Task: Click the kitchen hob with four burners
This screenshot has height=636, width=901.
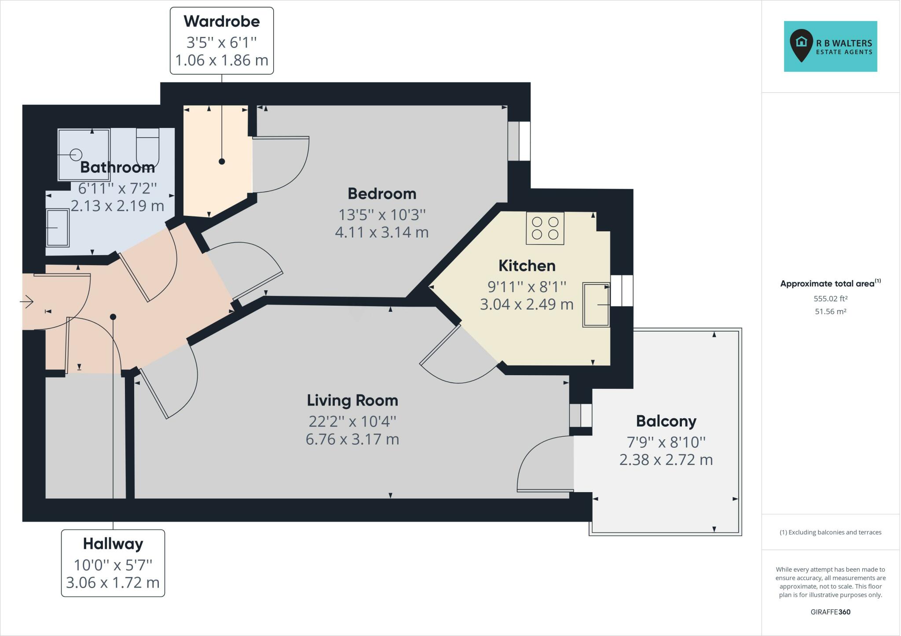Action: pyautogui.click(x=545, y=228)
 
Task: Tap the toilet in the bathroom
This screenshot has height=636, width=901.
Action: pyautogui.click(x=147, y=148)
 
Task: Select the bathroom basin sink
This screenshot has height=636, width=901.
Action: pyautogui.click(x=58, y=228)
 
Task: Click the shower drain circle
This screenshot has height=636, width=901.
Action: pyautogui.click(x=76, y=154)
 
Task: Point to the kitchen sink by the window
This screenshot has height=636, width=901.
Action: pyautogui.click(x=596, y=304)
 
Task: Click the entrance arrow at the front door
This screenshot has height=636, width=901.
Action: pyautogui.click(x=27, y=302)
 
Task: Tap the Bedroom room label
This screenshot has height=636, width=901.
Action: pyautogui.click(x=382, y=194)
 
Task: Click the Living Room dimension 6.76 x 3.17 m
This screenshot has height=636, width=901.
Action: pyautogui.click(x=352, y=439)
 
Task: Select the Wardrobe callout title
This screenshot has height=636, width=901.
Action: pyautogui.click(x=222, y=21)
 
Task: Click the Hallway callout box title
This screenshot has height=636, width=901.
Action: pyautogui.click(x=113, y=544)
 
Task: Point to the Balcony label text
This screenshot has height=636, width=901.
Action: pyautogui.click(x=666, y=421)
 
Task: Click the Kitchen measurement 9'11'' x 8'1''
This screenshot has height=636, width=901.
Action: pyautogui.click(x=527, y=287)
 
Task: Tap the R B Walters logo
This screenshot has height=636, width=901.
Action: pyautogui.click(x=830, y=46)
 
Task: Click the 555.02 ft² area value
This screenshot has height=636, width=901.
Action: pyautogui.click(x=830, y=299)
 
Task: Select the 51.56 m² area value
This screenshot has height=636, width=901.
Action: pyautogui.click(x=830, y=311)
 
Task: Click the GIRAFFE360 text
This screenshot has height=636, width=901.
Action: pyautogui.click(x=830, y=612)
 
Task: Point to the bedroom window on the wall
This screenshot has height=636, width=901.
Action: pyautogui.click(x=519, y=141)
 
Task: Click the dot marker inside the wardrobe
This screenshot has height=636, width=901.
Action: pyautogui.click(x=222, y=161)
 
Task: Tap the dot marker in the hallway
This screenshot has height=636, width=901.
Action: pyautogui.click(x=113, y=317)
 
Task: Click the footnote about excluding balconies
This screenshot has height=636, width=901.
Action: pyautogui.click(x=830, y=532)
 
